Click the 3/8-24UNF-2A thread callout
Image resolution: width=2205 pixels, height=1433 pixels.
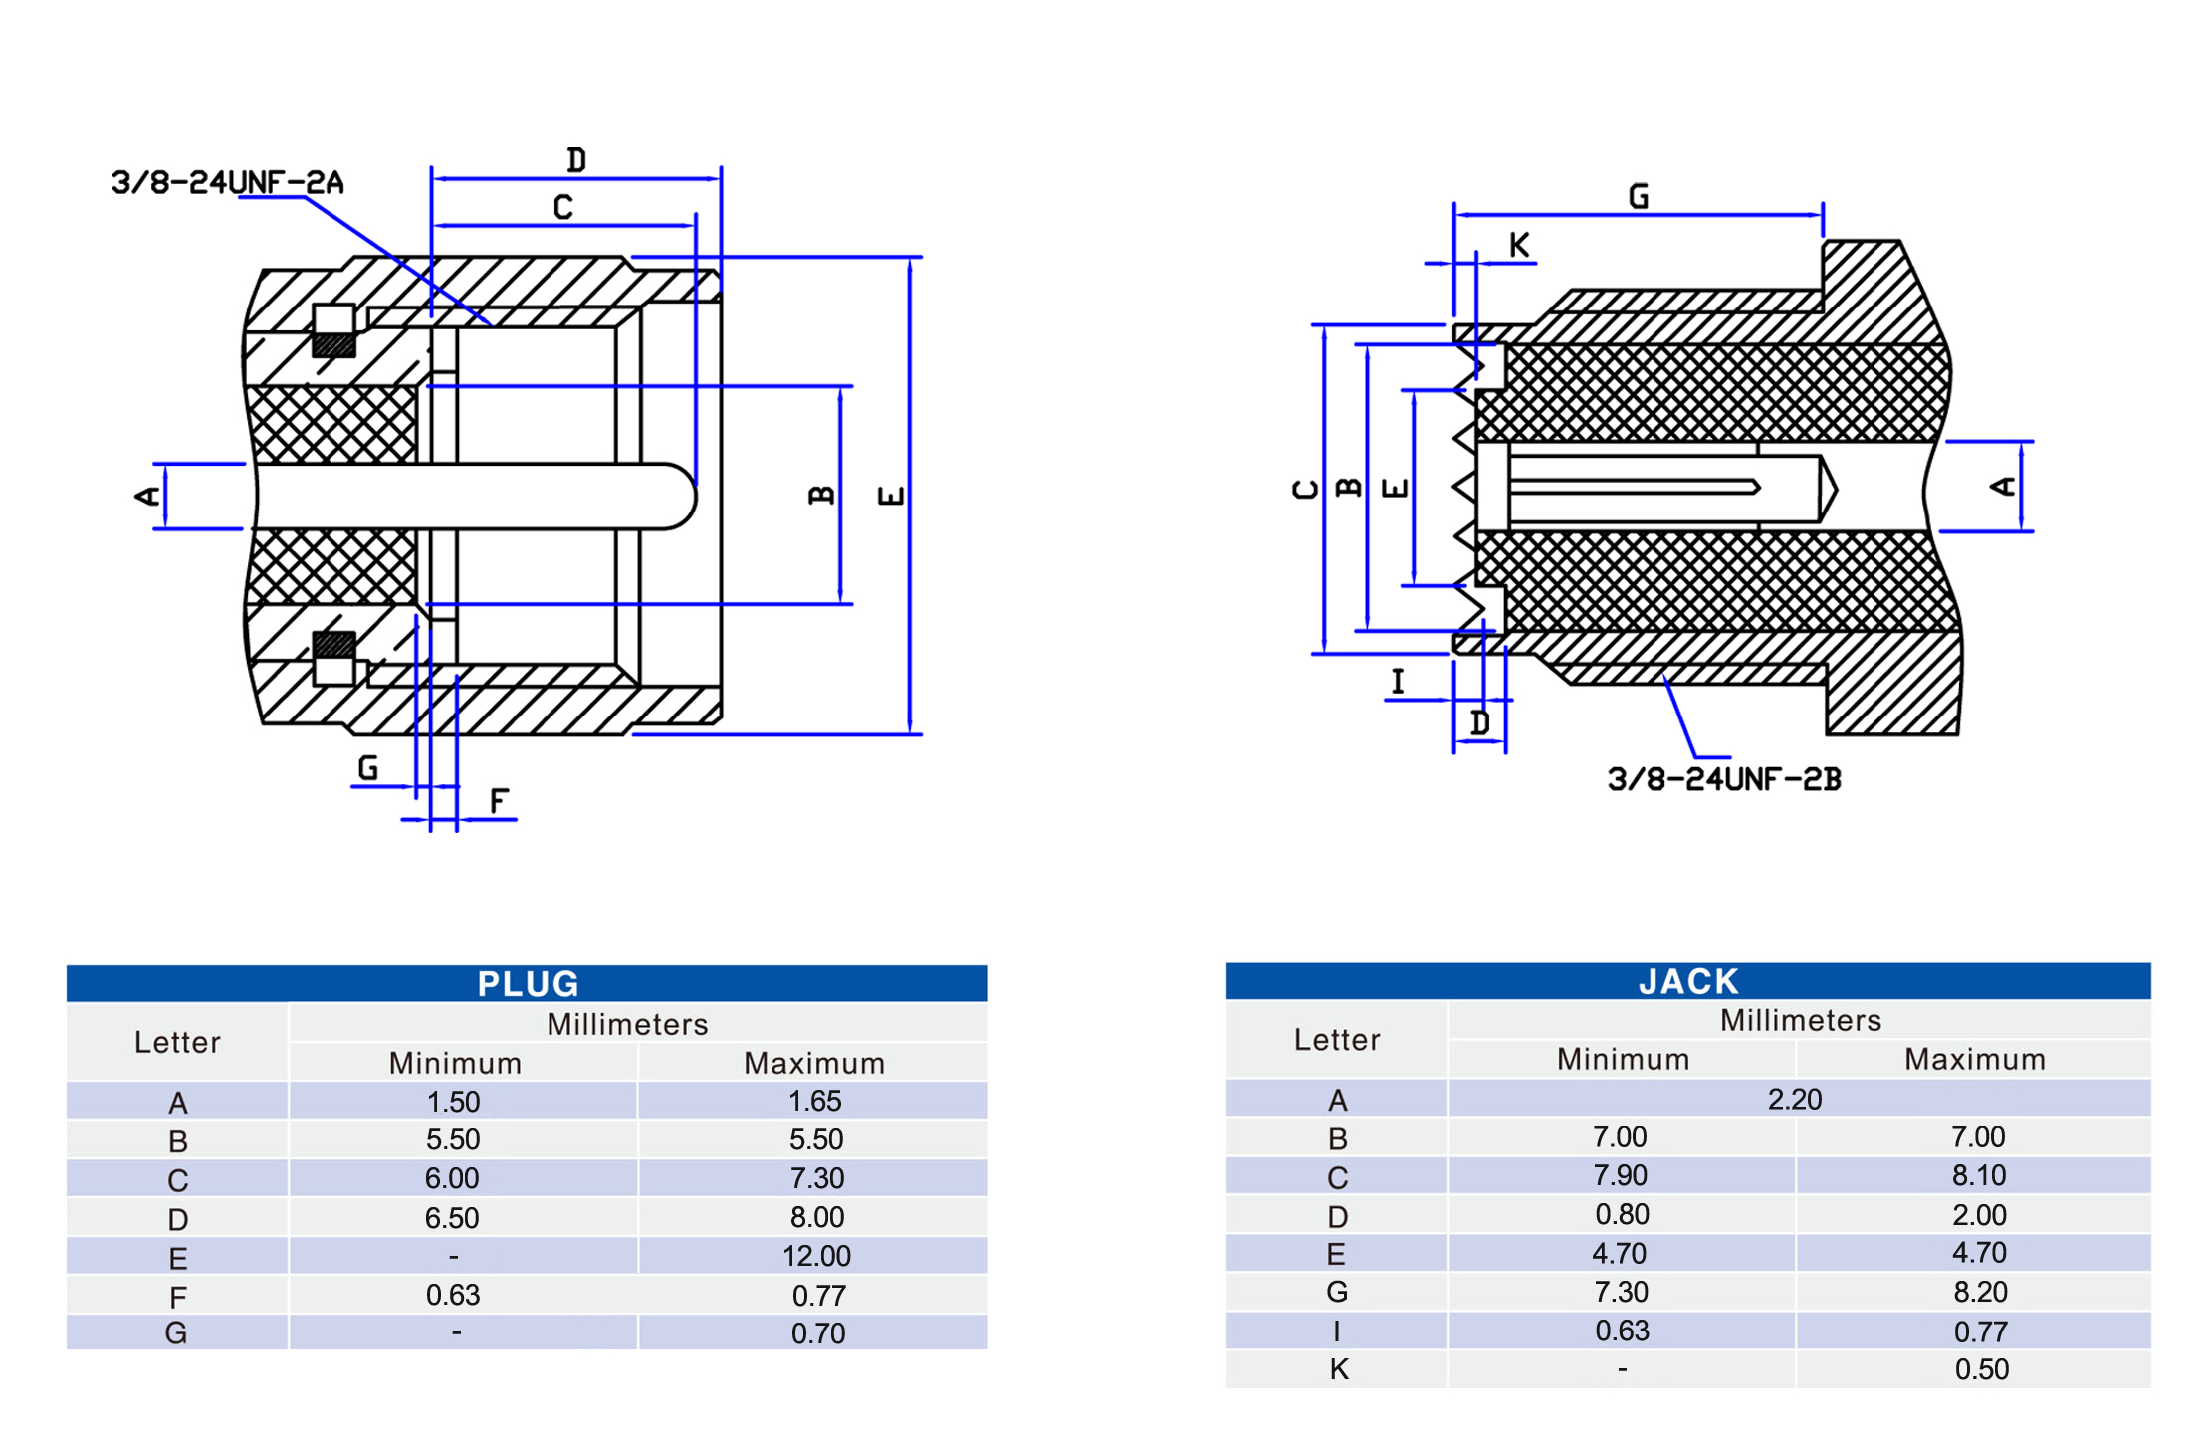coord(228,183)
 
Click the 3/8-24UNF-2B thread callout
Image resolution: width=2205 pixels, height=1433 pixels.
coord(1723,779)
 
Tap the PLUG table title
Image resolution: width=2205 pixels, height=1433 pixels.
coord(527,983)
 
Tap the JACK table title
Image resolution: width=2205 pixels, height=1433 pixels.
coord(1687,981)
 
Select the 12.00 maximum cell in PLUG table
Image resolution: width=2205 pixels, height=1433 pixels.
coord(815,1256)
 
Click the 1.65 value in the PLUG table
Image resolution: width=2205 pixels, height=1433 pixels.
coord(814,1101)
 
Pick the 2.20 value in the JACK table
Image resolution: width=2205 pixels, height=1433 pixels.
coord(1794,1099)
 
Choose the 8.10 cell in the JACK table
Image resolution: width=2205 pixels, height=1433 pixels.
coord(1978,1175)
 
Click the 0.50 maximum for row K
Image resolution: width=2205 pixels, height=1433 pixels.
coord(1981,1369)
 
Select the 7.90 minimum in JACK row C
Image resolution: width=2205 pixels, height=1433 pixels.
coord(1620,1175)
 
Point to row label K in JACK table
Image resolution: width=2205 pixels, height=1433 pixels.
coord(1338,1369)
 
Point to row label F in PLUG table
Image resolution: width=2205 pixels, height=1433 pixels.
coord(177,1297)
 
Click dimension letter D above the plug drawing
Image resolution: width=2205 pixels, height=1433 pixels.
coord(576,160)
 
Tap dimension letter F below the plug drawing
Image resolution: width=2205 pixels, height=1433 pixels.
coord(499,800)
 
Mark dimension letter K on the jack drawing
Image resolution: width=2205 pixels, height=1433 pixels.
coord(1518,245)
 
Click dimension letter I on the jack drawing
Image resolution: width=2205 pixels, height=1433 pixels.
coord(1398,682)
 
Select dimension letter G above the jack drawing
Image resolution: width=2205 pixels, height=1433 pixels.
coord(1638,196)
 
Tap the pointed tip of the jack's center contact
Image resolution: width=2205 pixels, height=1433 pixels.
coord(1833,488)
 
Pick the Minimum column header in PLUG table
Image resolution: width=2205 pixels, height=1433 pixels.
coord(455,1063)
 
